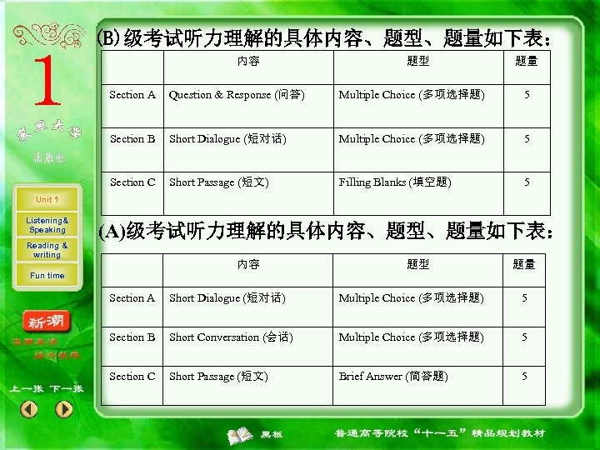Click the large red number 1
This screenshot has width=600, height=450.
pyautogui.click(x=45, y=84)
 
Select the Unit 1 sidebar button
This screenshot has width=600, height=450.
pyautogui.click(x=47, y=200)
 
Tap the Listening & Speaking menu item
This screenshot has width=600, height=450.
pyautogui.click(x=47, y=225)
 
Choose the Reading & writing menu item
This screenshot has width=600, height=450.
pyautogui.click(x=47, y=250)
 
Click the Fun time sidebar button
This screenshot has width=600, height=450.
pyautogui.click(x=47, y=276)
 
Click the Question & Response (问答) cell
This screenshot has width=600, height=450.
pyautogui.click(x=237, y=95)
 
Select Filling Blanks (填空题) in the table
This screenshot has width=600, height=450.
pyautogui.click(x=395, y=182)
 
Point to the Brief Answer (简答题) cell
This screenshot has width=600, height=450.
pyautogui.click(x=393, y=377)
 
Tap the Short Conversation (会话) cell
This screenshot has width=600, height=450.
pyautogui.click(x=226, y=337)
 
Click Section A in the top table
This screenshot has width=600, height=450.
pyautogui.click(x=132, y=95)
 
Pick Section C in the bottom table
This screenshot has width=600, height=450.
pyautogui.click(x=132, y=377)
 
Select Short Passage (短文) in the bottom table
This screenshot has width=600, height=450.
pyautogui.click(x=218, y=377)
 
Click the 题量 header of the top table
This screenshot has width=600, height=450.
pyautogui.click(x=526, y=61)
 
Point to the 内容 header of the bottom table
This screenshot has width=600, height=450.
pyautogui.click(x=248, y=265)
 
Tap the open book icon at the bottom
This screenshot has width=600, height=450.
pyautogui.click(x=242, y=434)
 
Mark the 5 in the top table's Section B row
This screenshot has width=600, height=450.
pyautogui.click(x=526, y=139)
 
